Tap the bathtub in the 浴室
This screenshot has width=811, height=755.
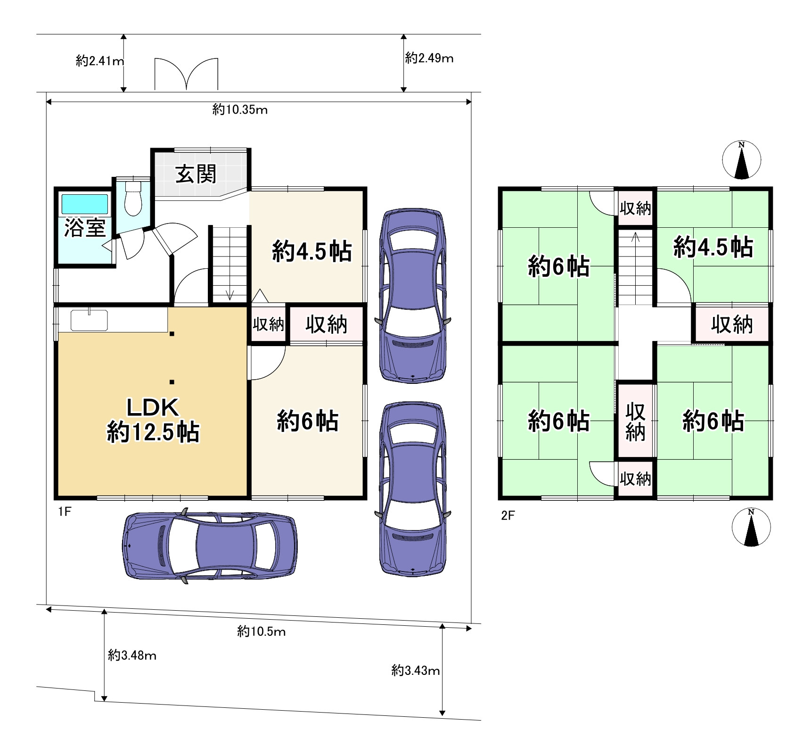coord(85,204)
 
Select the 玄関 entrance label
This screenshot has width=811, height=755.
coord(196,174)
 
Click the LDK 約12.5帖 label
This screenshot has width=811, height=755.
coord(153,420)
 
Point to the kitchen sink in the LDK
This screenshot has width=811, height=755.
coord(89,321)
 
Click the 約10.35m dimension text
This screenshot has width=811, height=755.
coord(240,110)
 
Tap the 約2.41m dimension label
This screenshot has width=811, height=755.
coord(100,61)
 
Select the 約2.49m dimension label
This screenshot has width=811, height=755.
coord(429,58)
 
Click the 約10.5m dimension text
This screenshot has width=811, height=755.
coord(262,631)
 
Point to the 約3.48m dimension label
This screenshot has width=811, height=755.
coord(132,655)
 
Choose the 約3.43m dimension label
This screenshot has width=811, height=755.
coord(416,670)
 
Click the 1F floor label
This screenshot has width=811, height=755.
coord(65,512)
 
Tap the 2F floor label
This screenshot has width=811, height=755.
coord(508,515)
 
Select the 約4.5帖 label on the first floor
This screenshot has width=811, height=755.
coord(312,251)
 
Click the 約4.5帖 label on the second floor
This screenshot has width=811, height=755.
coord(713,247)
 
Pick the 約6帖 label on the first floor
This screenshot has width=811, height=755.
coord(307,421)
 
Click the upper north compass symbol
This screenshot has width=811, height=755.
coord(742,160)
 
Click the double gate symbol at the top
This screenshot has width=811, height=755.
coord(187,74)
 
